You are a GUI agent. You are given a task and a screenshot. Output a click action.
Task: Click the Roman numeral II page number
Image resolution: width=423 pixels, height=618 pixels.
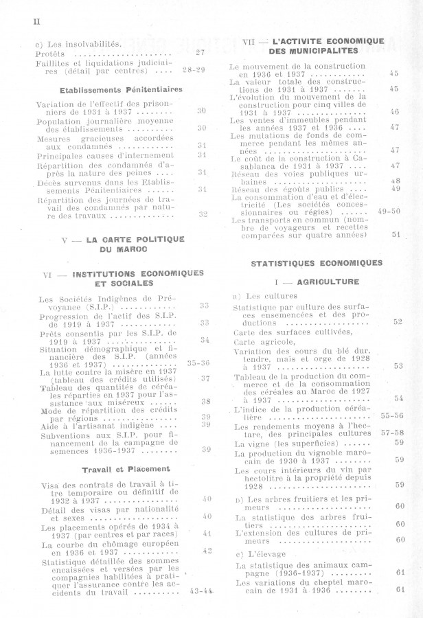tap(36, 21)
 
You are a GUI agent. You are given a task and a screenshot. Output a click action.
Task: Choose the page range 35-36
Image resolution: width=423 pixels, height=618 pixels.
tap(198, 363)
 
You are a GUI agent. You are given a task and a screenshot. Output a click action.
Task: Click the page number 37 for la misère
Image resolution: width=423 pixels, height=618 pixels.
tap(205, 378)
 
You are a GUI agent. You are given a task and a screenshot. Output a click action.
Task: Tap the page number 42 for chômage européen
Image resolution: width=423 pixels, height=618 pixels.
tap(207, 550)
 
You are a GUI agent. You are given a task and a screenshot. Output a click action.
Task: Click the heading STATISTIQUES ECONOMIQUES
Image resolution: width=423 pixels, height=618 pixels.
tap(317, 262)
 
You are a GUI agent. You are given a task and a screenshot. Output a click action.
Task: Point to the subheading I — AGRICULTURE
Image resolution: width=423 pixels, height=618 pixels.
tap(317, 282)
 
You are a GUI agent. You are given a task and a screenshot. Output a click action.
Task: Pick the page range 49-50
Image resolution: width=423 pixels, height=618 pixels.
tap(389, 211)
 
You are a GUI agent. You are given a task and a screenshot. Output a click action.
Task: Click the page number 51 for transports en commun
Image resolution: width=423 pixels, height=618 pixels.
tap(396, 234)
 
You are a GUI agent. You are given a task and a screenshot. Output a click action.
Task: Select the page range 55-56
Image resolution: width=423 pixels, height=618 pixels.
tap(392, 415)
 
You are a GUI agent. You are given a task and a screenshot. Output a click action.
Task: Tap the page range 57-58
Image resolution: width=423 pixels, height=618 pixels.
tap(392, 433)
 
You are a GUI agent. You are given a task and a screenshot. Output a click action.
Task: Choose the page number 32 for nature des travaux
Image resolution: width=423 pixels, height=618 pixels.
tap(203, 214)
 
